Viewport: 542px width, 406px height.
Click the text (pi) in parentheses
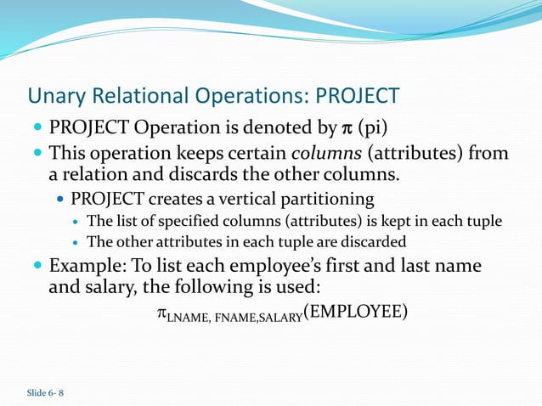[372, 129]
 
